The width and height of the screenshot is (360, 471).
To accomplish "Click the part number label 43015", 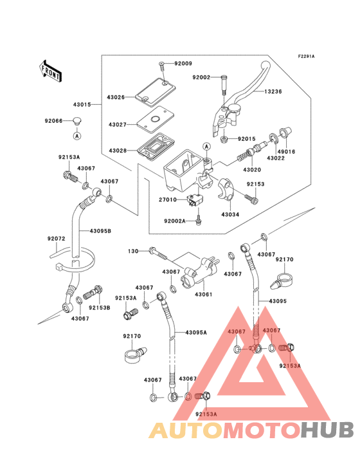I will pos(81,104).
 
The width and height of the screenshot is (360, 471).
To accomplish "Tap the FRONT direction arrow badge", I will pos(51,69).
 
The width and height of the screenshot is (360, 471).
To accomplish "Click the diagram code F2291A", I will pos(306,57).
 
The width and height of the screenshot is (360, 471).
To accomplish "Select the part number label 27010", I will pos(168,199).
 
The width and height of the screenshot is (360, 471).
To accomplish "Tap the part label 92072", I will pos(56,239).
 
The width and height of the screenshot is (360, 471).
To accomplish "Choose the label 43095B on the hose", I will pos(100,230).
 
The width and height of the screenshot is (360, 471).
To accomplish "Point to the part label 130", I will pos(132,251).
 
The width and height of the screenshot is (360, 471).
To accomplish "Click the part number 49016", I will pos(287,152).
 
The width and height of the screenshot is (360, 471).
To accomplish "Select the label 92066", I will pos(54,120).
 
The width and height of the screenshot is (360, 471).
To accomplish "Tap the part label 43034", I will pos(230,214).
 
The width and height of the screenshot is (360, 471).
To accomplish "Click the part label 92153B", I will pos(100,308).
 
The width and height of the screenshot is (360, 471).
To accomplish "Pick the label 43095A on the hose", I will pos(196,332).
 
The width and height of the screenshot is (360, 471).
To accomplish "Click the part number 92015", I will pos(247,139).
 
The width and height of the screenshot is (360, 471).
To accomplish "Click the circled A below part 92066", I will pos(76,136).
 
